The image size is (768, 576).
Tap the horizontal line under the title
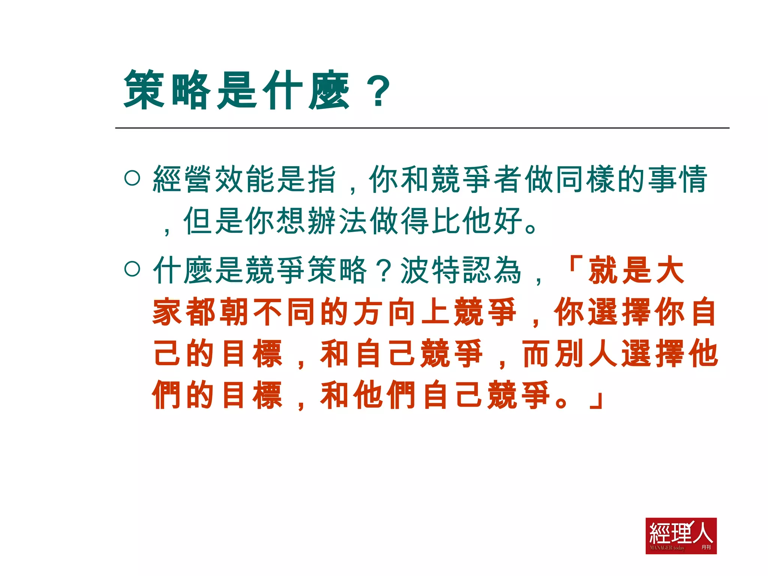[x=422, y=128]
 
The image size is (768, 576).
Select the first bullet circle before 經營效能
[x=132, y=178]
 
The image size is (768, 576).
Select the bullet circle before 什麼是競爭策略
[x=132, y=269]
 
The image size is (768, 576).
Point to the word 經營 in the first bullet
[x=183, y=179]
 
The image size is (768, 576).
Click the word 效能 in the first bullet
[x=245, y=179]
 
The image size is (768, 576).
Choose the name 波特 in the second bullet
[x=431, y=270]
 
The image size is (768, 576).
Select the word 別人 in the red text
[x=587, y=354]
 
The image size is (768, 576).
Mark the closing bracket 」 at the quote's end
[x=596, y=400]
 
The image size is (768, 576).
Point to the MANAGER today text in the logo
[x=667, y=548]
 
